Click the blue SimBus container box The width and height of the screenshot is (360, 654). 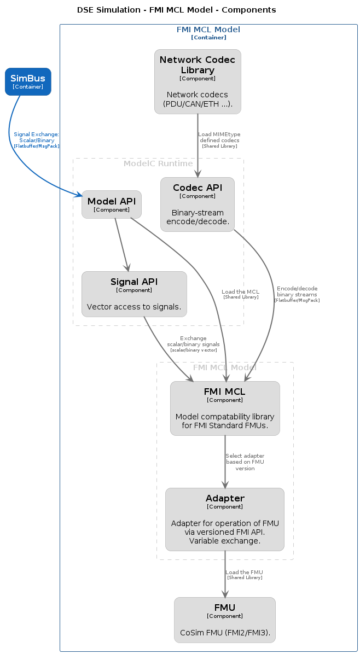28,82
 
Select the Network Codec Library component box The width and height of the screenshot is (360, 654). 198,82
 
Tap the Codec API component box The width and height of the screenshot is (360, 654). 198,205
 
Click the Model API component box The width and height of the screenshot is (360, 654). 112,205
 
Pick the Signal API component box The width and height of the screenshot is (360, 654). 134,294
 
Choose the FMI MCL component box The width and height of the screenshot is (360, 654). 225,408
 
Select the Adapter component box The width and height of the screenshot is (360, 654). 225,519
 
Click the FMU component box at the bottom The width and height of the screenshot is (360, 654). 225,620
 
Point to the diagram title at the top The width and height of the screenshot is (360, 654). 177,10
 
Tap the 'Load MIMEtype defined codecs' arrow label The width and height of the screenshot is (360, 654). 219,140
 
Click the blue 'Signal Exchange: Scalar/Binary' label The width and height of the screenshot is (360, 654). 37,140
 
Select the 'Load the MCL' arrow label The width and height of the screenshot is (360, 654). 241,294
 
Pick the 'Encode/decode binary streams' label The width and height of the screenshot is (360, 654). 297,294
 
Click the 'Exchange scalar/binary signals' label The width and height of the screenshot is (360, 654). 193,344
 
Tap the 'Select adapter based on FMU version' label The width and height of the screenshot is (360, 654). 245,462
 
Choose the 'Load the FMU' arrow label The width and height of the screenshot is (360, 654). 245,574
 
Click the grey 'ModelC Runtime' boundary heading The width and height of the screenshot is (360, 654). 158,163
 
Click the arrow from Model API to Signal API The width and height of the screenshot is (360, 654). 122,245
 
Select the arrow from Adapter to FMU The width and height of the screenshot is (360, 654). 225,574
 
